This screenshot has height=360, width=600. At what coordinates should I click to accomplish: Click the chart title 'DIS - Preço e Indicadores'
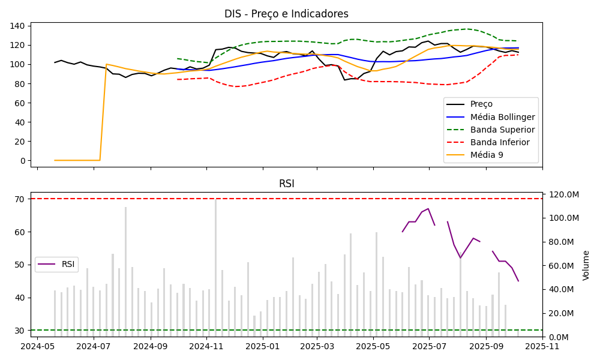coord(286,14)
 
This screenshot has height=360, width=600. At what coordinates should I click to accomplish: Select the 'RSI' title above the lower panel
coord(286,184)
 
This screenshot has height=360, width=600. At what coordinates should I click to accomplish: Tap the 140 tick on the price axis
coord(18,26)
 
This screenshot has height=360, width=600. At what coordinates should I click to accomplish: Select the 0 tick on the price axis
coord(23,161)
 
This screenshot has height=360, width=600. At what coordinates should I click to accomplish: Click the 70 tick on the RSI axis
coord(20,199)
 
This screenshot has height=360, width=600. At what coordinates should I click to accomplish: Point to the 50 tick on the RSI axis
coord(20,265)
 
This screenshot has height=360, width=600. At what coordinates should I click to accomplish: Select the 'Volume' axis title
coord(586,265)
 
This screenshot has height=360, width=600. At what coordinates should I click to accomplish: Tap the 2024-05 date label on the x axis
coord(38,346)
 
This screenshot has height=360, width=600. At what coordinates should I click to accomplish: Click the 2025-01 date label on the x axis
coord(262,346)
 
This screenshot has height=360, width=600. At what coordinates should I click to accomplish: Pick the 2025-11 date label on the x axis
coord(542,346)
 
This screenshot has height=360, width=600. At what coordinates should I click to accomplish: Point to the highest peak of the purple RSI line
coord(428,209)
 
